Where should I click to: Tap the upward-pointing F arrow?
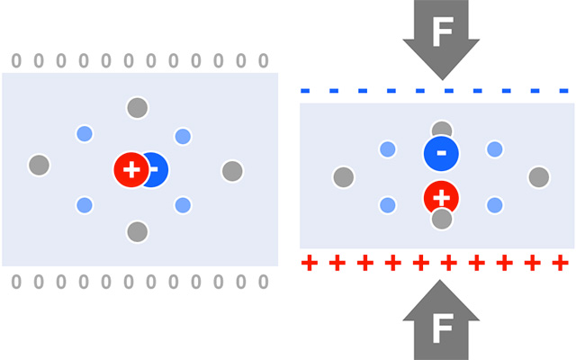441,324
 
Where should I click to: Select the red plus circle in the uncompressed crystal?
131,169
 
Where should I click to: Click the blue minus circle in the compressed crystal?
441,153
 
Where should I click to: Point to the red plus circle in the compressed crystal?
441,195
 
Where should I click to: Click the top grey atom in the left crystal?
137,108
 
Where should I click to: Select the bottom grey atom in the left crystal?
137,232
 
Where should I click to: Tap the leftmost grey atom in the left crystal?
39,166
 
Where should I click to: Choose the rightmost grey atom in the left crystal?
232,170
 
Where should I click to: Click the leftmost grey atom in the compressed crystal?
343,176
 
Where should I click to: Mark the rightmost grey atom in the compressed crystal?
538,176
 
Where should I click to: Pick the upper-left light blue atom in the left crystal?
85,134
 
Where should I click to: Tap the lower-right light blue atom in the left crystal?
183,204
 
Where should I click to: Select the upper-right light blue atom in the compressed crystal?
494,148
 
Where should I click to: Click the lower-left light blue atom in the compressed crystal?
388,205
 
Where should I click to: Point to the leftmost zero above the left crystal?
15,61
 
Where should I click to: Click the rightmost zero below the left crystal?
263,282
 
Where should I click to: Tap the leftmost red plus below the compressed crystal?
310,263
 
